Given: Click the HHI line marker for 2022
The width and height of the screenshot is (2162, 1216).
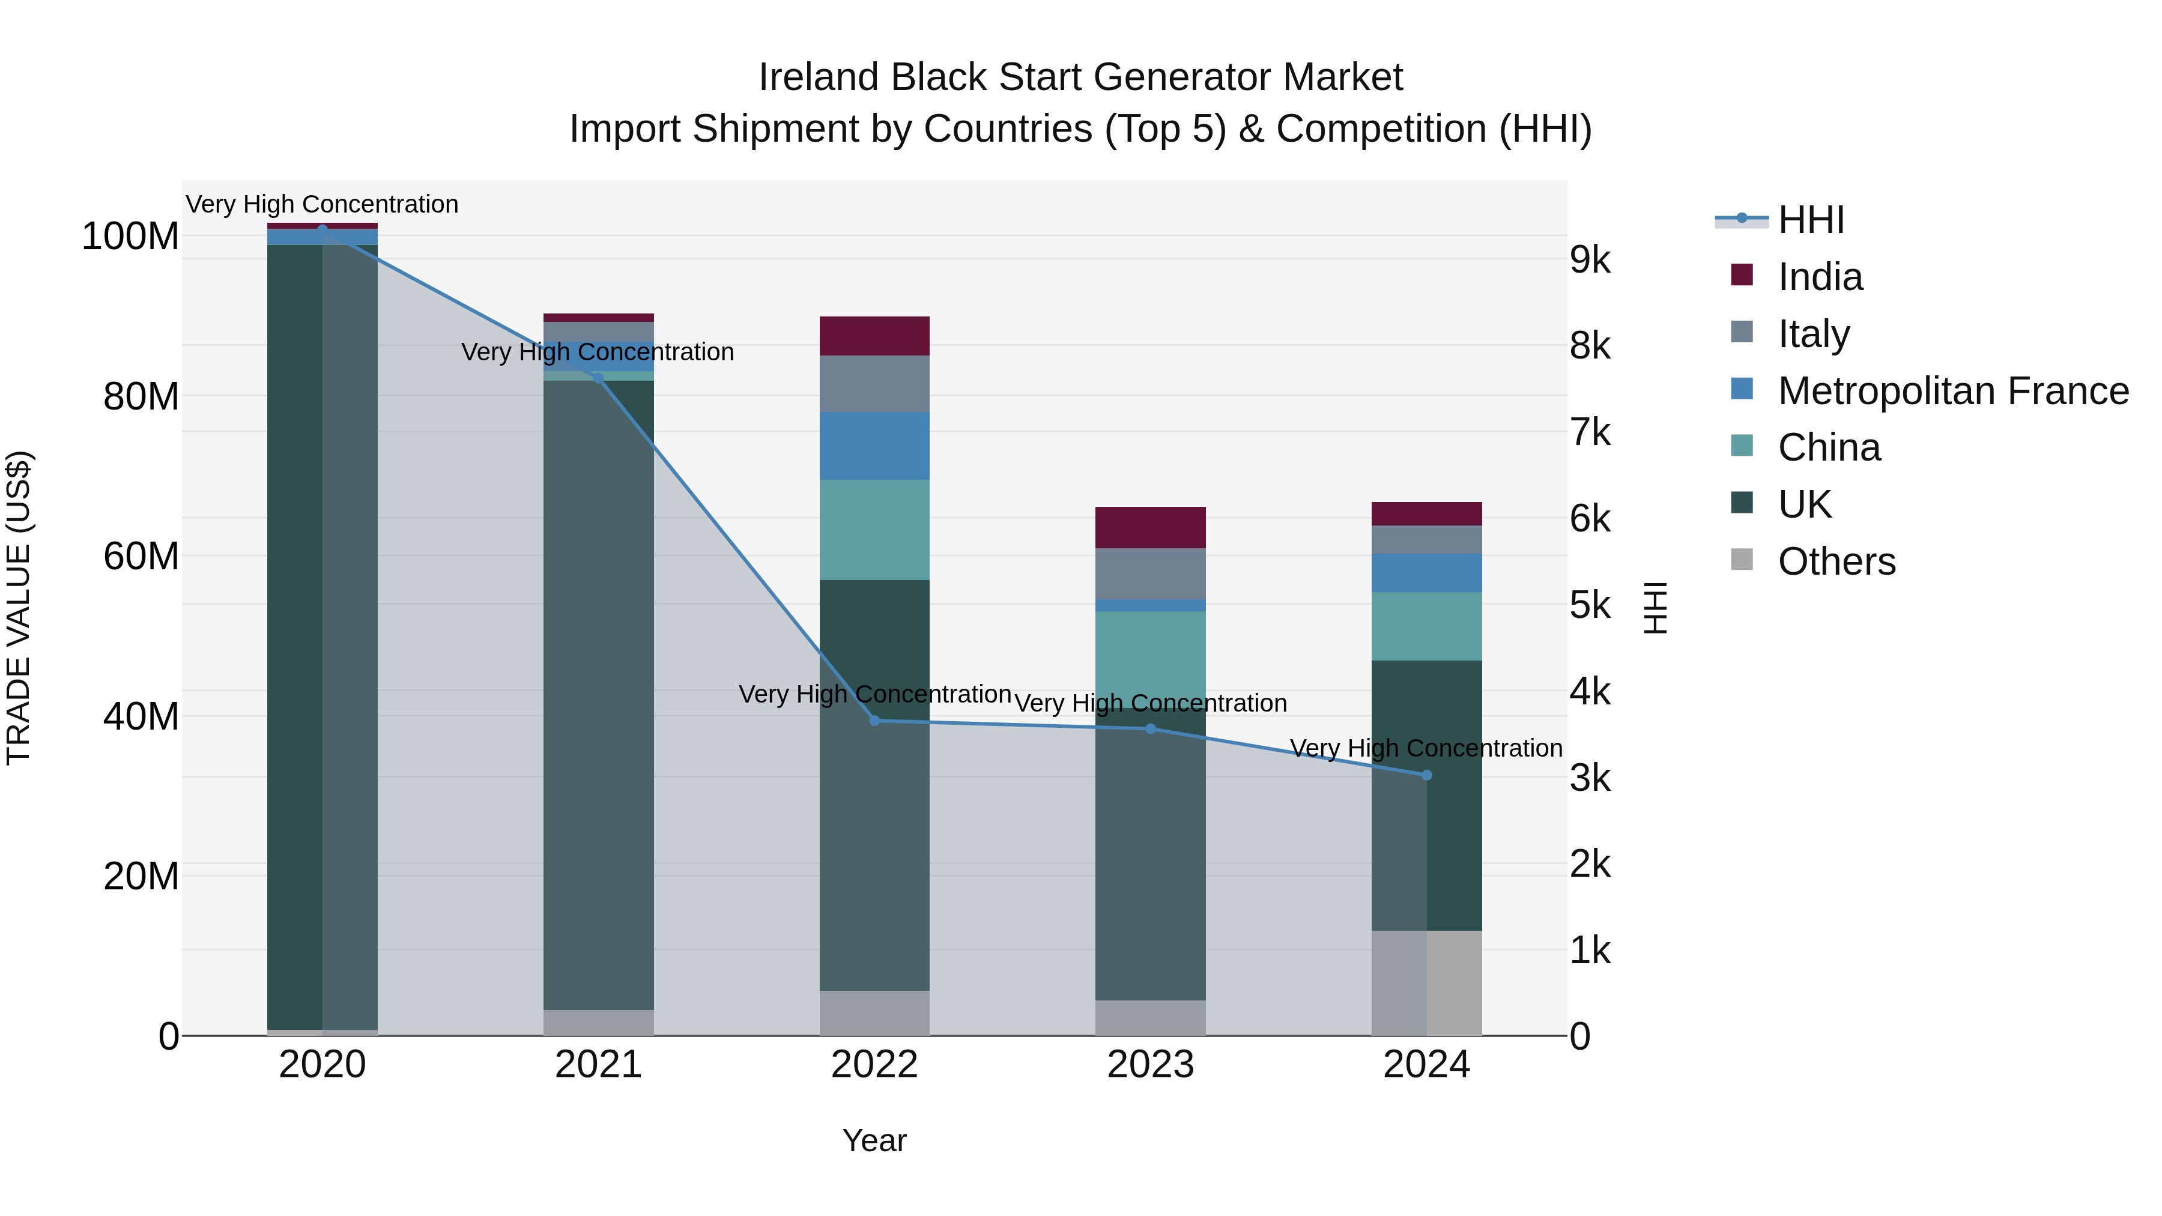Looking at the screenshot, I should pos(874,720).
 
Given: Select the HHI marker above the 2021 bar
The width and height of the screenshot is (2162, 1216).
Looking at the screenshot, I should pos(598,378).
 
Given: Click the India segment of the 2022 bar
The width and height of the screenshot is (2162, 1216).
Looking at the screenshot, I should pos(874,336).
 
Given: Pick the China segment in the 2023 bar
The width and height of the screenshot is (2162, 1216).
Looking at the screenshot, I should pos(1150,659).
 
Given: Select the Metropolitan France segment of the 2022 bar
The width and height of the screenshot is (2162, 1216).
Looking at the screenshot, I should pos(874,446).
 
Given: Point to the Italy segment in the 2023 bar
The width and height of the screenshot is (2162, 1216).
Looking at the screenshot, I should pos(1150,573).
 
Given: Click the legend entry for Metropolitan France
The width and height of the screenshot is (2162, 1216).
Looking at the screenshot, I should pos(1953,390).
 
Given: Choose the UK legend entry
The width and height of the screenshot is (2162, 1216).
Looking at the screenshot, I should pos(1805,504).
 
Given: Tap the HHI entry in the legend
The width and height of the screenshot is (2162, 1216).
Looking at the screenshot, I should pos(1811,220).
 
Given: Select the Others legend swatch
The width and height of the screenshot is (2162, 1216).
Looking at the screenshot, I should pos(1742,560).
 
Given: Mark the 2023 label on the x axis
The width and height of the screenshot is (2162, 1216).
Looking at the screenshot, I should pos(1150,1065).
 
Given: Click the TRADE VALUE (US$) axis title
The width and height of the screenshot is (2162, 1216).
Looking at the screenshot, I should pos(19,608).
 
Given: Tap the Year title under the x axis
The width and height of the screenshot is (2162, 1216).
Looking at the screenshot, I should pos(874,1140).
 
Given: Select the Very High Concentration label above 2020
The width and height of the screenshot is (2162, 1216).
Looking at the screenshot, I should pos(322,204).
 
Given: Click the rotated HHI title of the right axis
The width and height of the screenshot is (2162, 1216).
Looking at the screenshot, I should pos(1655,608).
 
